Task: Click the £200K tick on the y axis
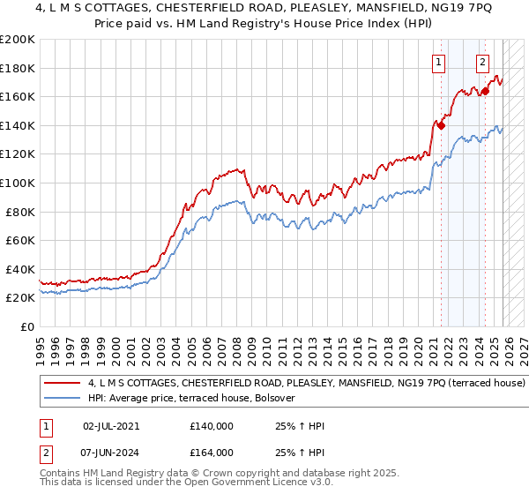(x=18, y=40)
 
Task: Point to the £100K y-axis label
(x=18, y=183)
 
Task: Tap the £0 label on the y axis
(x=27, y=326)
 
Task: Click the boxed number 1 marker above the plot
(x=438, y=62)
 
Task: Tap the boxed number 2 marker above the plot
(x=483, y=62)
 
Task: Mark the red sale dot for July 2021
(x=441, y=125)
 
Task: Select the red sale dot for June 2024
(x=485, y=91)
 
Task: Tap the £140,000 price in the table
(x=212, y=426)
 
